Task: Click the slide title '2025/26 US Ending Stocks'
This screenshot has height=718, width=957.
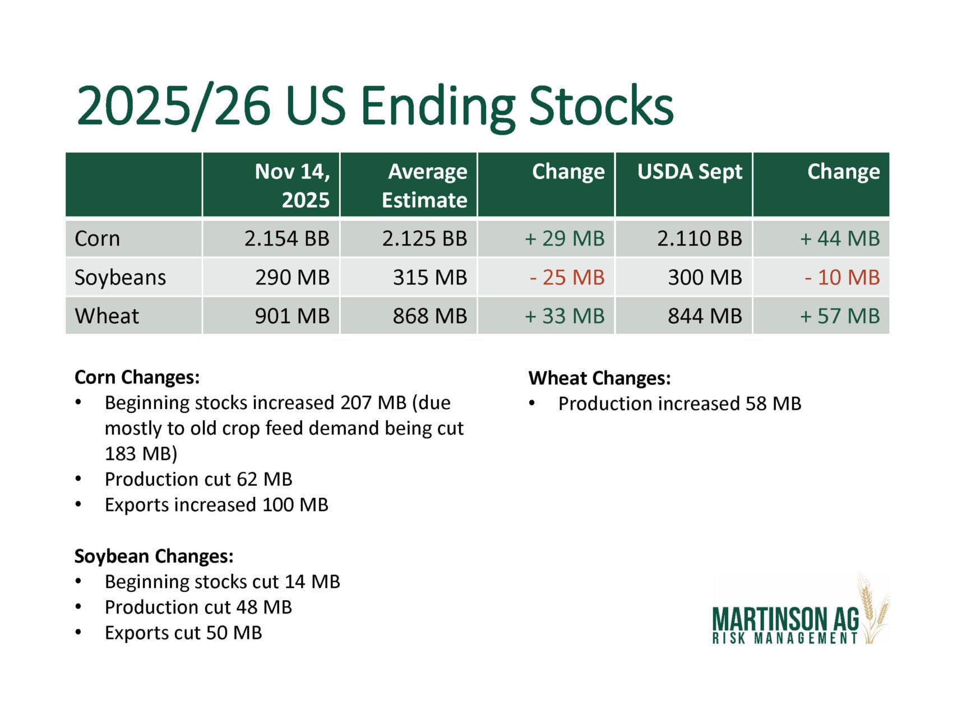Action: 375,106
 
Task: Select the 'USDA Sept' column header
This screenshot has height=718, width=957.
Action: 690,172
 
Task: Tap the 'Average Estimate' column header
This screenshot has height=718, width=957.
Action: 424,186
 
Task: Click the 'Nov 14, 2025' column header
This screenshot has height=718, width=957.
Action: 292,186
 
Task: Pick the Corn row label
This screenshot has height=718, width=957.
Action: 97,238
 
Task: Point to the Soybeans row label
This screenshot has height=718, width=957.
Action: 120,277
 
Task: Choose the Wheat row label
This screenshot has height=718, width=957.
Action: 107,316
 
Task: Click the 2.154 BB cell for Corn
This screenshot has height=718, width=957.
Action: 286,238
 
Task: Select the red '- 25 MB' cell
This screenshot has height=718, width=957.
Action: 567,277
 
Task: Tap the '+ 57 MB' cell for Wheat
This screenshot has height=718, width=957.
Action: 840,316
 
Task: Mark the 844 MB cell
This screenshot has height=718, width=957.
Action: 705,316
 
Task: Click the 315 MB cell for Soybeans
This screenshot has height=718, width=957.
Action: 430,277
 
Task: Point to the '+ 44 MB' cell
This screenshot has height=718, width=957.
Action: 840,238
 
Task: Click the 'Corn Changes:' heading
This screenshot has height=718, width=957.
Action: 137,377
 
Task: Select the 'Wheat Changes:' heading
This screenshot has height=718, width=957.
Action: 599,378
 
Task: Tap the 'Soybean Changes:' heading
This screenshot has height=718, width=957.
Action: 154,556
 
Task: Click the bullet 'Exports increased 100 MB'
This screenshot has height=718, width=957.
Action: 216,505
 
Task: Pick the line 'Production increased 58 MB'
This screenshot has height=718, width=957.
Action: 679,404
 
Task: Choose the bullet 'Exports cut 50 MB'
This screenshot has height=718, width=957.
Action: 183,633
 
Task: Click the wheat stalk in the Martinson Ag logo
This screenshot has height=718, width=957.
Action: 873,609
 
